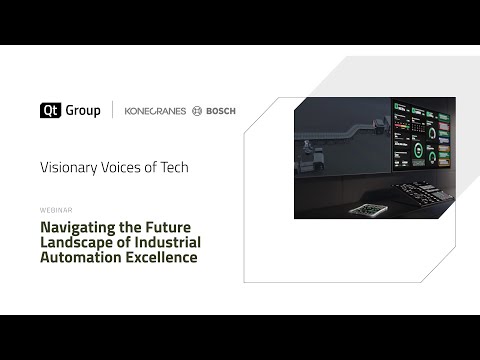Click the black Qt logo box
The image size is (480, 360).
point(51,110)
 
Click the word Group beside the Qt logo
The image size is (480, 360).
point(83,110)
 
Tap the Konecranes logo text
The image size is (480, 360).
point(154,111)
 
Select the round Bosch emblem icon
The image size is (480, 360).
point(197,111)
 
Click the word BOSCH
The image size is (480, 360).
point(221,111)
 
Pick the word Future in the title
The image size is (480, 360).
point(169,227)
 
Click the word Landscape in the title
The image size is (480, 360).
point(77,242)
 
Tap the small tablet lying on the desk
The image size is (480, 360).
point(369,210)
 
